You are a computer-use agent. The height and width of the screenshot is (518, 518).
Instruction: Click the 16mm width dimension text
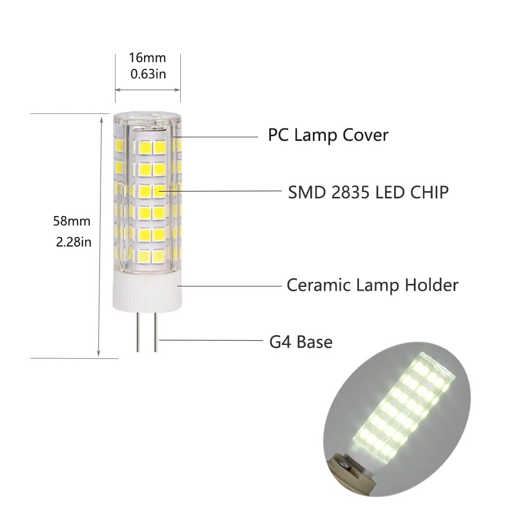pyautogui.click(x=148, y=58)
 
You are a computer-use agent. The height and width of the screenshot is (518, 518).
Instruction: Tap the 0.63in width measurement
pyautogui.click(x=148, y=74)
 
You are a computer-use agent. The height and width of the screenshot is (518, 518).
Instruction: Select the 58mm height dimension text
pyautogui.click(x=71, y=221)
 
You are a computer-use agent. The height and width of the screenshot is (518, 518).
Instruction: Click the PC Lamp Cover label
pyautogui.click(x=328, y=136)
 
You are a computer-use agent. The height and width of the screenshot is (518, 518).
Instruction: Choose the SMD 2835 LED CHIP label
pyautogui.click(x=368, y=192)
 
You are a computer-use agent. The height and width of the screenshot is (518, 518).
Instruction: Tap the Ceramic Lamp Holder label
pyautogui.click(x=372, y=285)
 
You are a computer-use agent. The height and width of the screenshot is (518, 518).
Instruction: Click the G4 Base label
pyautogui.click(x=301, y=342)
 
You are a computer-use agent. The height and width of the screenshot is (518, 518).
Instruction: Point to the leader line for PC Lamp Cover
pyautogui.click(x=218, y=137)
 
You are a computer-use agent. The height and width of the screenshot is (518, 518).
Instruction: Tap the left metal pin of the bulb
pyautogui.click(x=138, y=332)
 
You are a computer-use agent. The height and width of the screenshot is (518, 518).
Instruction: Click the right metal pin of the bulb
pyautogui.click(x=154, y=332)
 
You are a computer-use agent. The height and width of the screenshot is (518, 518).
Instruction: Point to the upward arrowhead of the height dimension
pyautogui.click(x=99, y=119)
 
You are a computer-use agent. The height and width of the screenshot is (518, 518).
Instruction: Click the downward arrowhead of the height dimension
pyautogui.click(x=99, y=353)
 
